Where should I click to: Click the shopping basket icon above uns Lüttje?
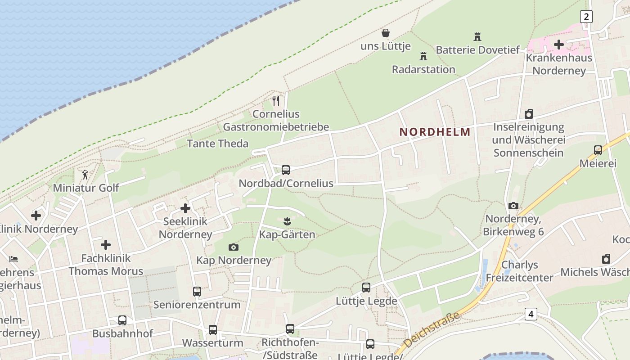386,33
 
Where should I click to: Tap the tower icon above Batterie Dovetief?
477,36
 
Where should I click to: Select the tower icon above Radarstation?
423,56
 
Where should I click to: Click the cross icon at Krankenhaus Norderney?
558,45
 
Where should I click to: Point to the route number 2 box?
586,17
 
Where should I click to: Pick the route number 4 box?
531,314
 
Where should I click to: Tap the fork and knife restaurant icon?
276,100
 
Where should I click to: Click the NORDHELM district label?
435,132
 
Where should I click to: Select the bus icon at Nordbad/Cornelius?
286,170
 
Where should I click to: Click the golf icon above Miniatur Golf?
85,174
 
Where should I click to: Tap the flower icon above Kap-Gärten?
287,221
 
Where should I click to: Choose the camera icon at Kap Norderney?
233,247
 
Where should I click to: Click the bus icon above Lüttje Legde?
366,288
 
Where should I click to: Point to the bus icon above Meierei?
598,150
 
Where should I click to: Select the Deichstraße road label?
432,330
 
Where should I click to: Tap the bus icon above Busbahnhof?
122,320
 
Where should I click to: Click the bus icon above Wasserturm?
213,330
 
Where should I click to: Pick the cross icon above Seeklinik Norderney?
185,208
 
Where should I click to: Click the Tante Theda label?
217,144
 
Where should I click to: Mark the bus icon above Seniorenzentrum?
197,292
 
